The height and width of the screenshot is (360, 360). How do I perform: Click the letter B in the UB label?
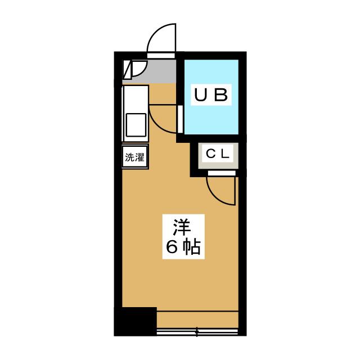[220, 95]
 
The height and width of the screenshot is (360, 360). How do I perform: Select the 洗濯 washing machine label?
[134, 157]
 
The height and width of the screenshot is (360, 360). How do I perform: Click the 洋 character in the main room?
[182, 227]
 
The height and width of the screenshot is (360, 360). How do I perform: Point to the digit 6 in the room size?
[171, 247]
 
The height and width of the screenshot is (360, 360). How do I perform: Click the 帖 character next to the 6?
[191, 247]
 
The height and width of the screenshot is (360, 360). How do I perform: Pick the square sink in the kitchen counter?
[136, 124]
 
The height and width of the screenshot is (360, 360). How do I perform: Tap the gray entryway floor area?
[160, 71]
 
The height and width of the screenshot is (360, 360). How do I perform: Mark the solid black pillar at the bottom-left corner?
[135, 321]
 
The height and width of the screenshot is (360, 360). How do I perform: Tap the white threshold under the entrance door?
[161, 55]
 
